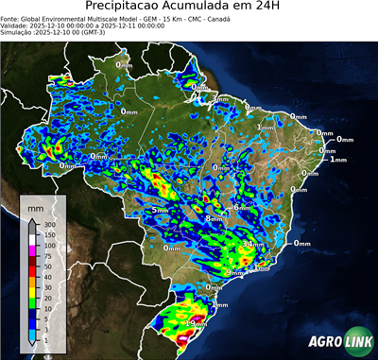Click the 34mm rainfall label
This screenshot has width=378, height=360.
point(252,244)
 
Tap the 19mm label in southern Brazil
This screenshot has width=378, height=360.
point(197,323)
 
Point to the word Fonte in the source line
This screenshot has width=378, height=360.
point(11,18)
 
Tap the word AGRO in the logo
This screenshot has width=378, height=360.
point(327,341)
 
